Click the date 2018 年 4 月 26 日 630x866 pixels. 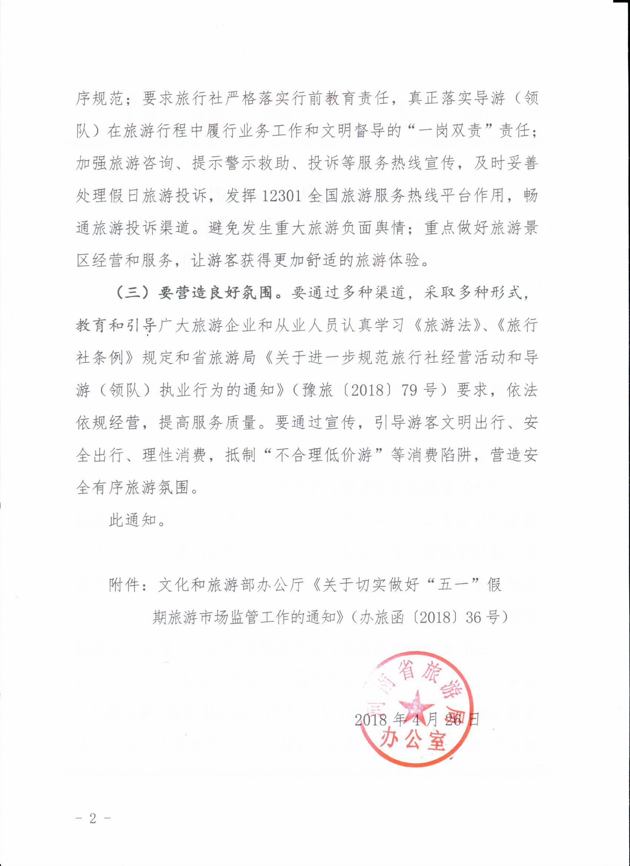(417, 720)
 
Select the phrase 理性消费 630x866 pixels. (174, 455)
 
